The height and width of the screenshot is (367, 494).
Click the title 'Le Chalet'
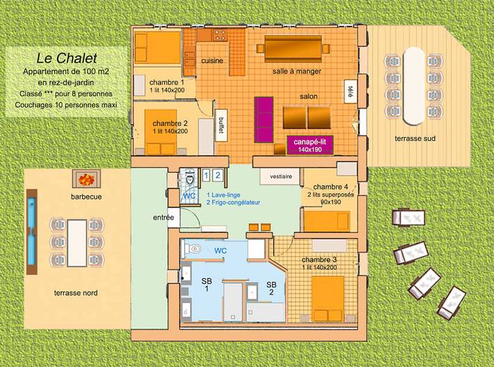coord(67,59)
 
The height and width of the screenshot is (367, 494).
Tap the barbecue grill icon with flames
coord(86,179)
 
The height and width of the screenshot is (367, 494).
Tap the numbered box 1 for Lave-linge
coord(207,175)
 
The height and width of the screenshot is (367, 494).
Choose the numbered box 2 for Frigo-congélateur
coord(218,175)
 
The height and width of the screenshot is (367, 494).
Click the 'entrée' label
coord(163,218)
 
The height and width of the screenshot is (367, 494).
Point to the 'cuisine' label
coord(212,60)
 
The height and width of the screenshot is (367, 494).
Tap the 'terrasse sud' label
coord(415,138)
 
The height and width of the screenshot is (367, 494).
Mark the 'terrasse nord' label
coord(76,293)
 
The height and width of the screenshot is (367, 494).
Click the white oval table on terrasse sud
coord(415,82)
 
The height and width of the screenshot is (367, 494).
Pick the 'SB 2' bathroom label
coord(271,288)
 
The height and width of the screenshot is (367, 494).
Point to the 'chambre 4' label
coord(330,187)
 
